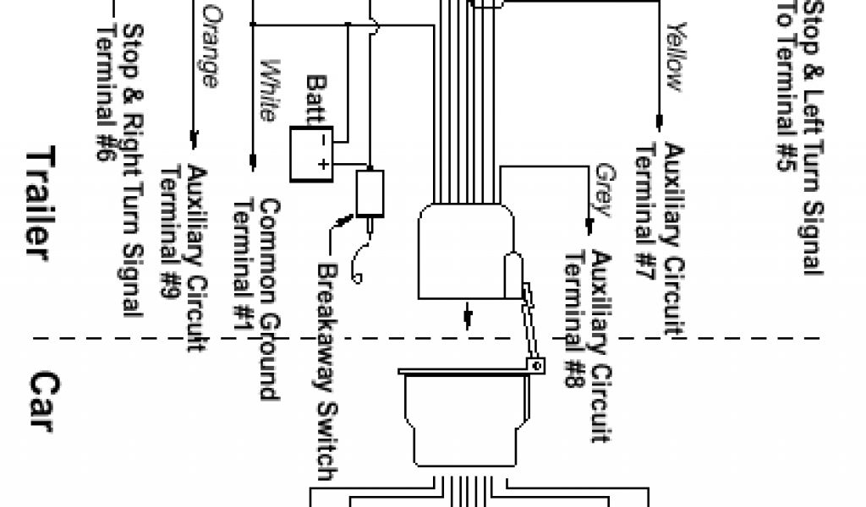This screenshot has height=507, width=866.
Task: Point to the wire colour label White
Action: [269, 90]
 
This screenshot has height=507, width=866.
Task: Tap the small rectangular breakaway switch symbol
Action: [370, 193]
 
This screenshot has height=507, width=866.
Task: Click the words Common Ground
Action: [269, 300]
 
